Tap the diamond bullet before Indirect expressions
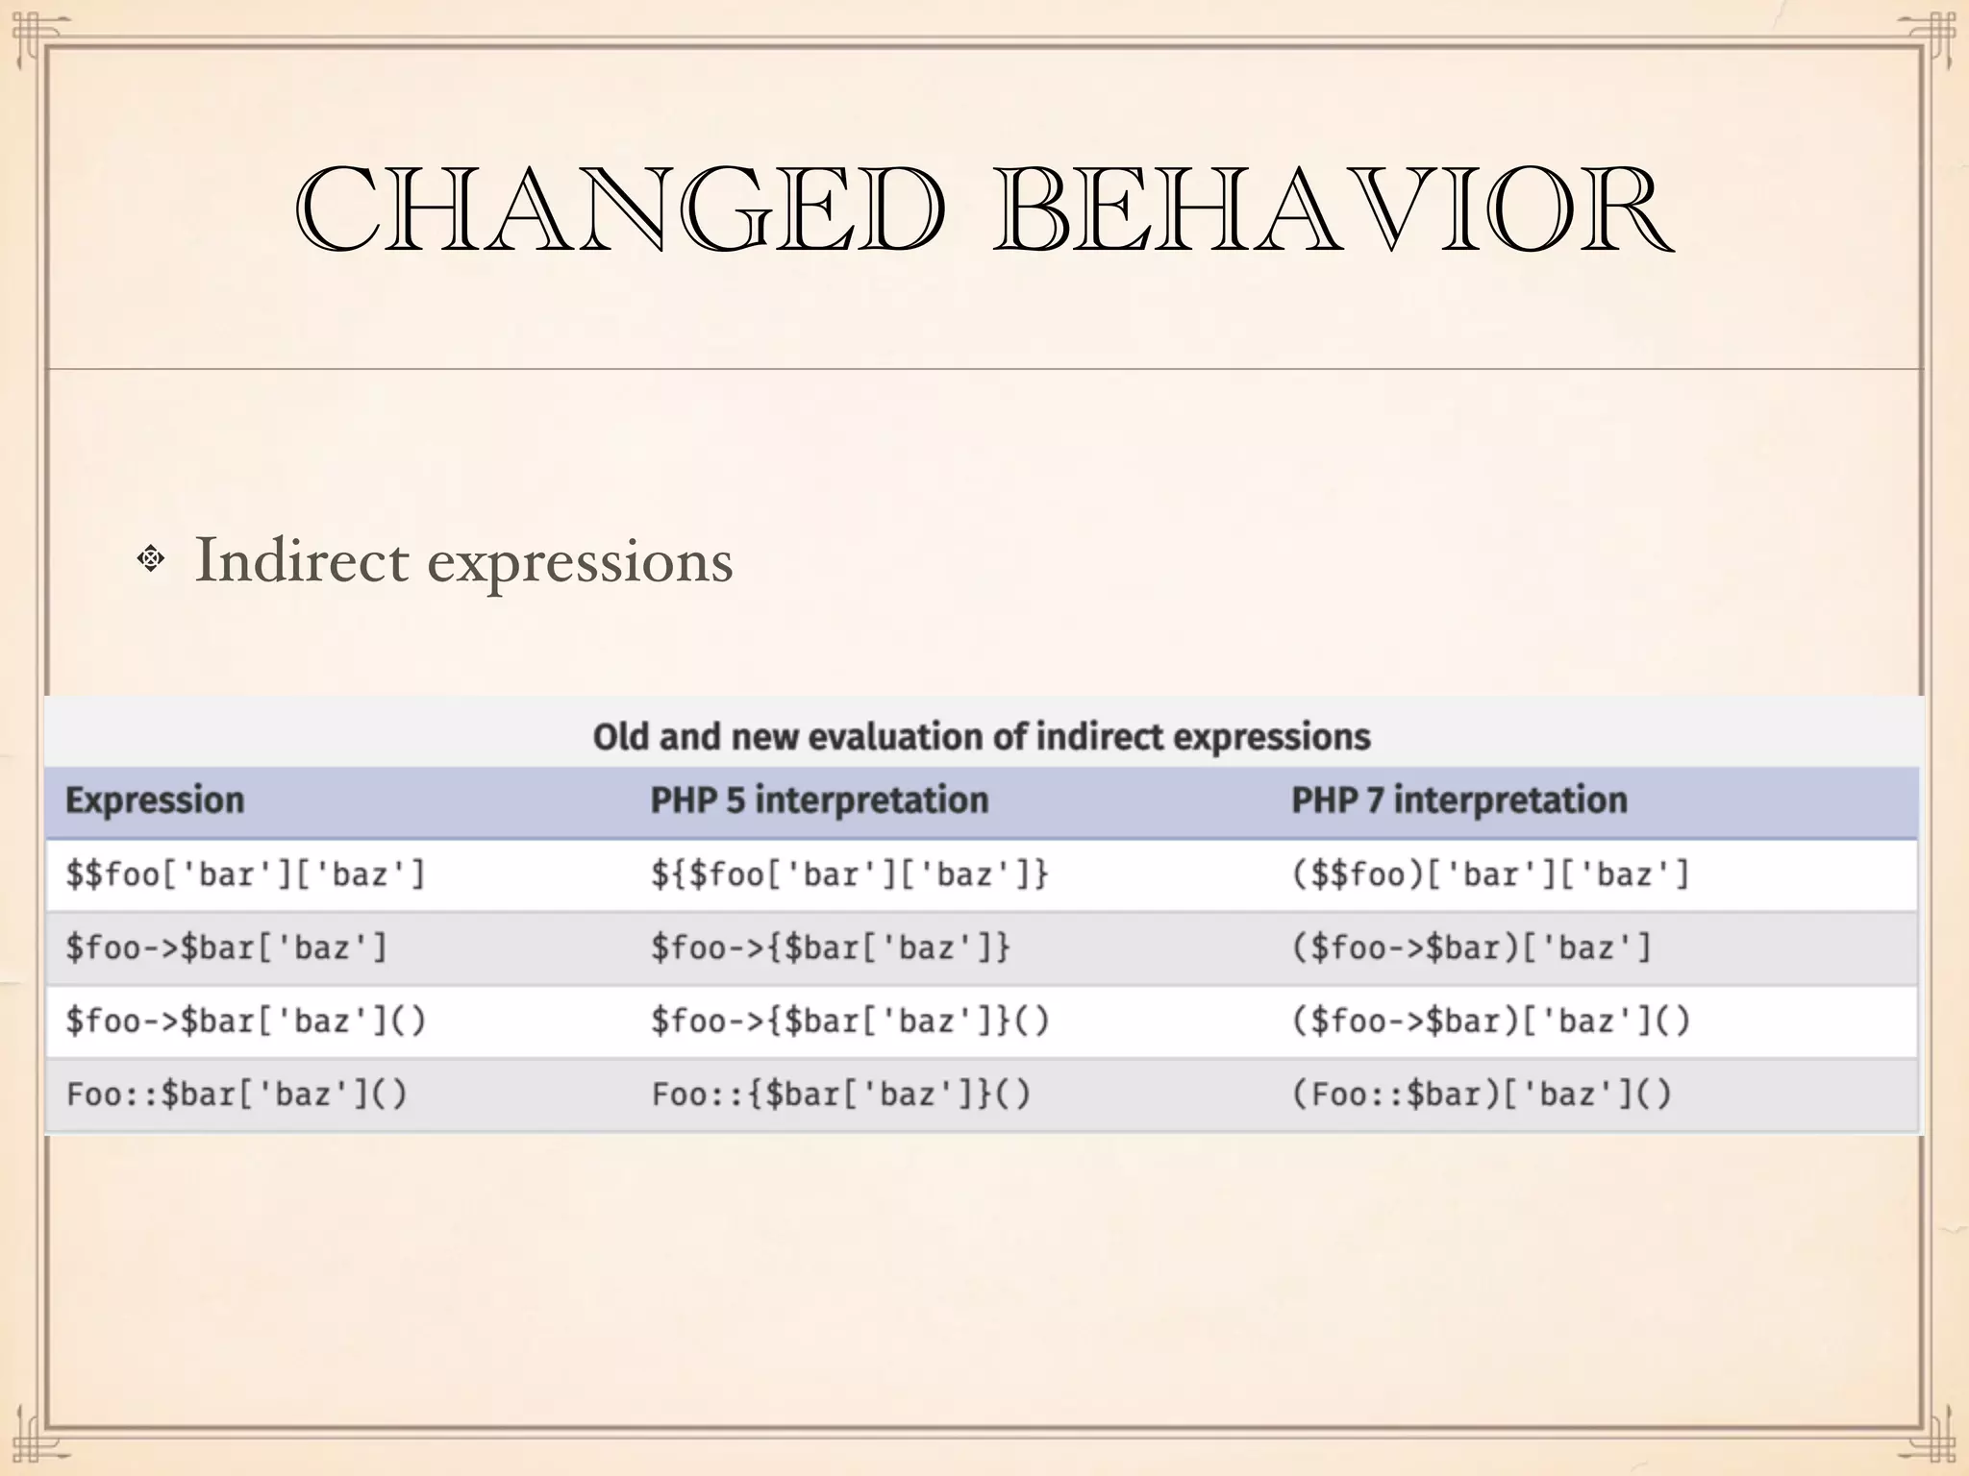pos(151,558)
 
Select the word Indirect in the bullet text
pos(301,560)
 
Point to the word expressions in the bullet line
pos(580,562)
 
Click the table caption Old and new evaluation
pos(982,737)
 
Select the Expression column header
pos(155,800)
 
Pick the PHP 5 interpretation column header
pos(819,800)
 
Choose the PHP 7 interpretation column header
pos(1458,800)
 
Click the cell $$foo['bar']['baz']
pos(245,874)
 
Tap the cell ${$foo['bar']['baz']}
pos(850,874)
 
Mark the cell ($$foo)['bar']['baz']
pos(1490,874)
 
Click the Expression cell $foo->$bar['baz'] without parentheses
pos(227,948)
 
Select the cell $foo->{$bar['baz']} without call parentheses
pos(831,948)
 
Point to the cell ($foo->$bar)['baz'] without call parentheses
pos(1471,948)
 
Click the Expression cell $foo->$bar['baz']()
pos(245,1021)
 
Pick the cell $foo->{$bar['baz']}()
pos(850,1021)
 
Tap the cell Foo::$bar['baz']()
pos(237,1095)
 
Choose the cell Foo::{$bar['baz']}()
pos(841,1095)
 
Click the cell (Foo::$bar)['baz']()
pos(1481,1095)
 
